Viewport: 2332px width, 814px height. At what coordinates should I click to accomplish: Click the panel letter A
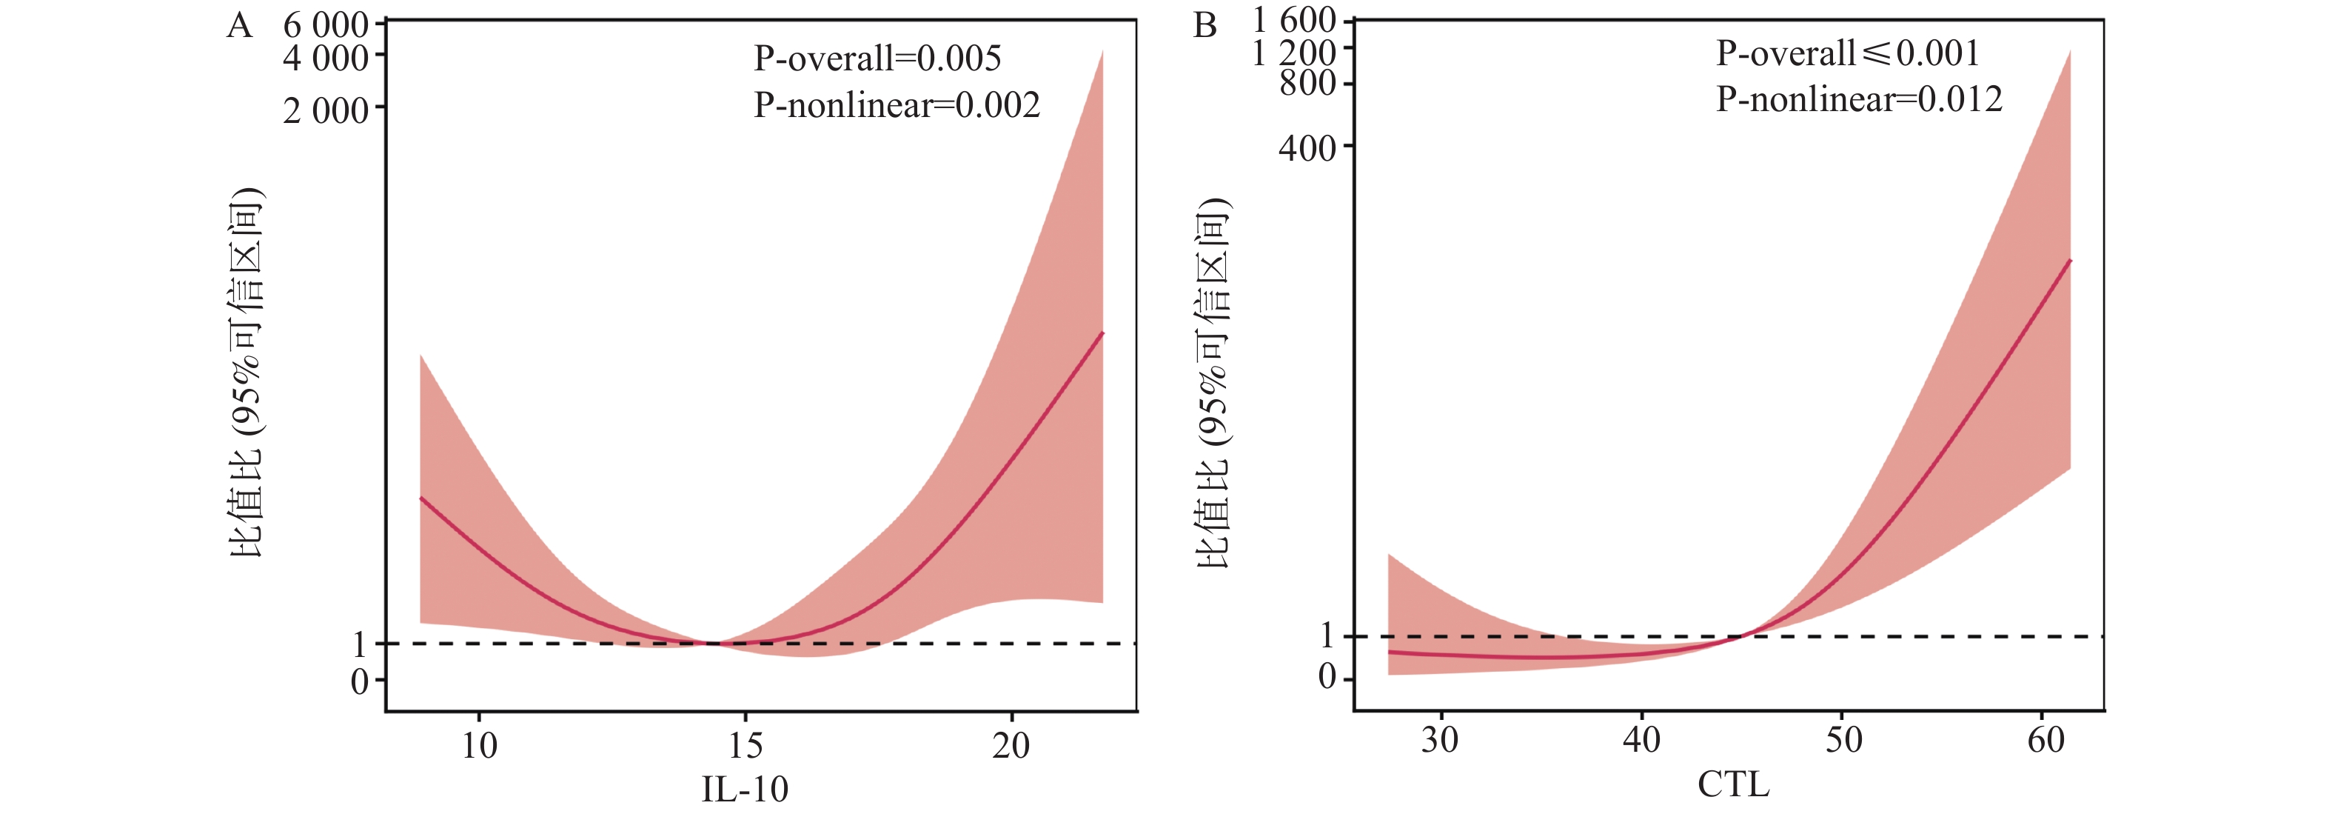click(x=239, y=25)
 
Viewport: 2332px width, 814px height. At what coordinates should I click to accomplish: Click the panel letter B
click(x=1205, y=25)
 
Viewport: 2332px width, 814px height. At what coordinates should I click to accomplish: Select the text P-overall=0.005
click(x=877, y=59)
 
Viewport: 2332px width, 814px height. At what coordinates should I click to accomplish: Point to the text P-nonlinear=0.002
click(x=897, y=106)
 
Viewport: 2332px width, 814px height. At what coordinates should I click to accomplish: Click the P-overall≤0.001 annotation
click(x=1847, y=53)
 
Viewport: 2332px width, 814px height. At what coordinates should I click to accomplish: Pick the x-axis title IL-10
click(x=745, y=789)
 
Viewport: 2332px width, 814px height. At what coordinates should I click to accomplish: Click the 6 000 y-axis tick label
click(x=326, y=25)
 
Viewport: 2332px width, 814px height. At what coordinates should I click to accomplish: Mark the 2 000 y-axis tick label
click(x=326, y=111)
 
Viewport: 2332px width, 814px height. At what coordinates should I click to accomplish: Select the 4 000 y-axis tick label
click(x=326, y=59)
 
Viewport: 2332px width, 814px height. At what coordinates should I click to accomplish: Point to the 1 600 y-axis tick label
click(x=1295, y=20)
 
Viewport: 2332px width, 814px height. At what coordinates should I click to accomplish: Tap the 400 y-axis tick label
click(x=1307, y=147)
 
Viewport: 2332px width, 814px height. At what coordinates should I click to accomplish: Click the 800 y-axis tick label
click(x=1307, y=83)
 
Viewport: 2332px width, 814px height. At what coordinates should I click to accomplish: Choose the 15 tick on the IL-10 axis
click(x=745, y=745)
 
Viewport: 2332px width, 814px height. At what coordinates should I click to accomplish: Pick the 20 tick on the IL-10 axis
click(x=1011, y=745)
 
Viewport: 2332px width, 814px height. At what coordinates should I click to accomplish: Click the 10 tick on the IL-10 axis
click(x=479, y=745)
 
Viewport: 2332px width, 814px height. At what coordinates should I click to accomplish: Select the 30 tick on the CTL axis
click(x=1439, y=741)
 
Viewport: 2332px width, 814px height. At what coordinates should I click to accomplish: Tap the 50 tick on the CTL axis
click(x=1843, y=741)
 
